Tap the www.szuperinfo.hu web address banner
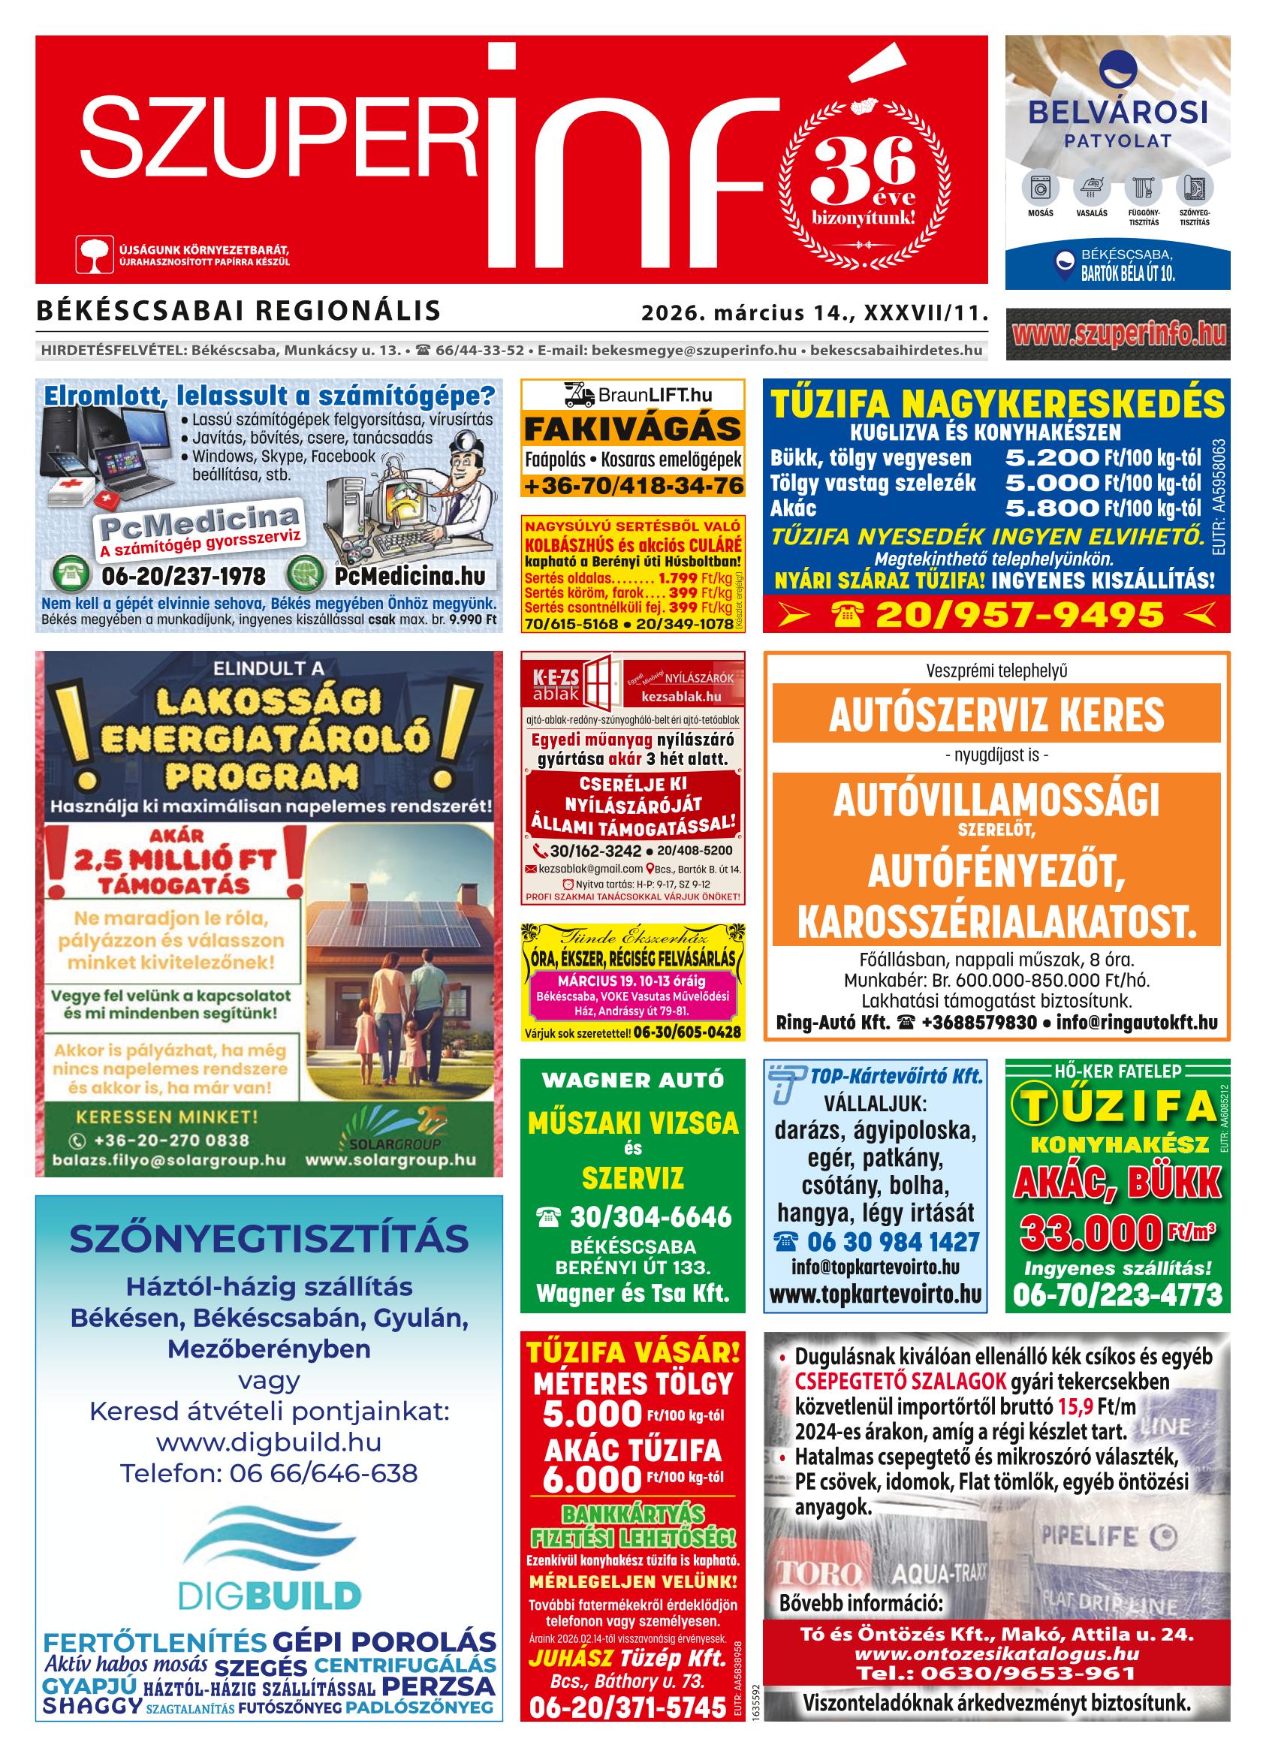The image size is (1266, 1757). click(x=1117, y=334)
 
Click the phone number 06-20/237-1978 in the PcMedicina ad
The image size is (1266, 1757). click(x=183, y=577)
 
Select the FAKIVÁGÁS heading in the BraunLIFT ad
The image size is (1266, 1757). click(x=632, y=429)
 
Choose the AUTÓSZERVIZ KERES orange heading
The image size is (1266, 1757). click(x=996, y=713)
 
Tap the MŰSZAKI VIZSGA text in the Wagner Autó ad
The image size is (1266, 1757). click(x=632, y=1123)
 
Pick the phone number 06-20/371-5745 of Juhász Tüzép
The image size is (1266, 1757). click(x=627, y=1729)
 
